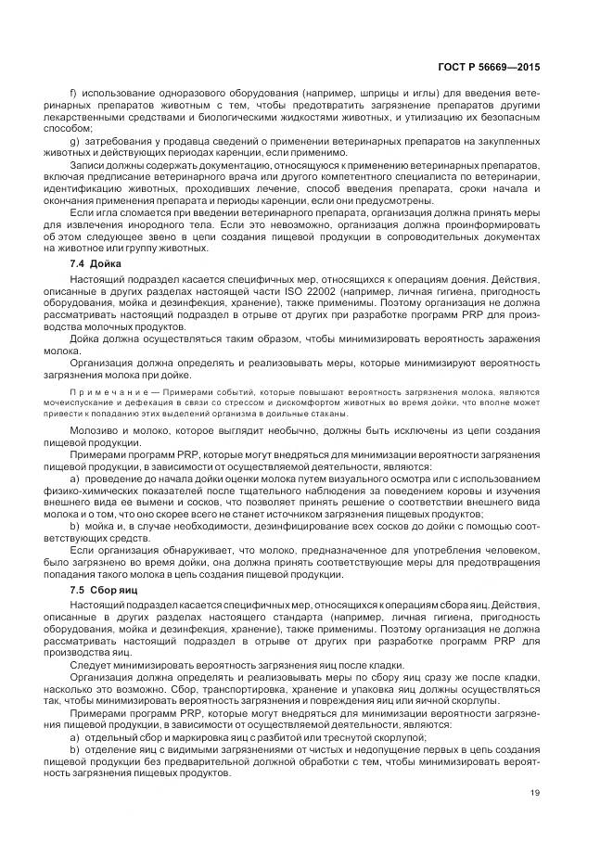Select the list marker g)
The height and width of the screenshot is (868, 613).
[x=75, y=140]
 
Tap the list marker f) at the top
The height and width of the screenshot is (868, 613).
[x=74, y=94]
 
